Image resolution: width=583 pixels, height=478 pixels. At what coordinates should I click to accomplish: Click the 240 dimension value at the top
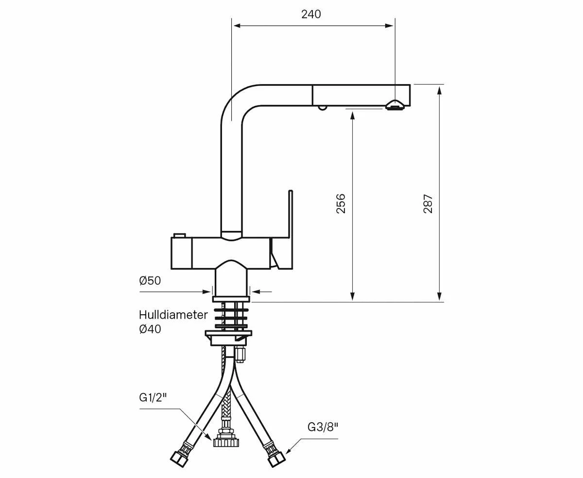311,14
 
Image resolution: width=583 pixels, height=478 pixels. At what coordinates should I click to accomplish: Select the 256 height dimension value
341,204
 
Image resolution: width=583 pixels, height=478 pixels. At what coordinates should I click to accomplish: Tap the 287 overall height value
428,204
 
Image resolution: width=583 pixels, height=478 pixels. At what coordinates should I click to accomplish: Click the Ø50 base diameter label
150,280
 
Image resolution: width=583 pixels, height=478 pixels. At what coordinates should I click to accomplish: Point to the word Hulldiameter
173,315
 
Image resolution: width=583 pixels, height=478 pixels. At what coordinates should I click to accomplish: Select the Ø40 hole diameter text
150,329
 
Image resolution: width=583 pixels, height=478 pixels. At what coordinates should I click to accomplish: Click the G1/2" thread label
153,397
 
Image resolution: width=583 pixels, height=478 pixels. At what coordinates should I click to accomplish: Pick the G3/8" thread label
323,427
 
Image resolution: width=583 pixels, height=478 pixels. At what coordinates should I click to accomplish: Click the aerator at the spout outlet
394,105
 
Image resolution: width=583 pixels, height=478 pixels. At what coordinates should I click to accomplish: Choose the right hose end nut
275,459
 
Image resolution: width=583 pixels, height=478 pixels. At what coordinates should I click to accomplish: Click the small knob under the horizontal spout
322,107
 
